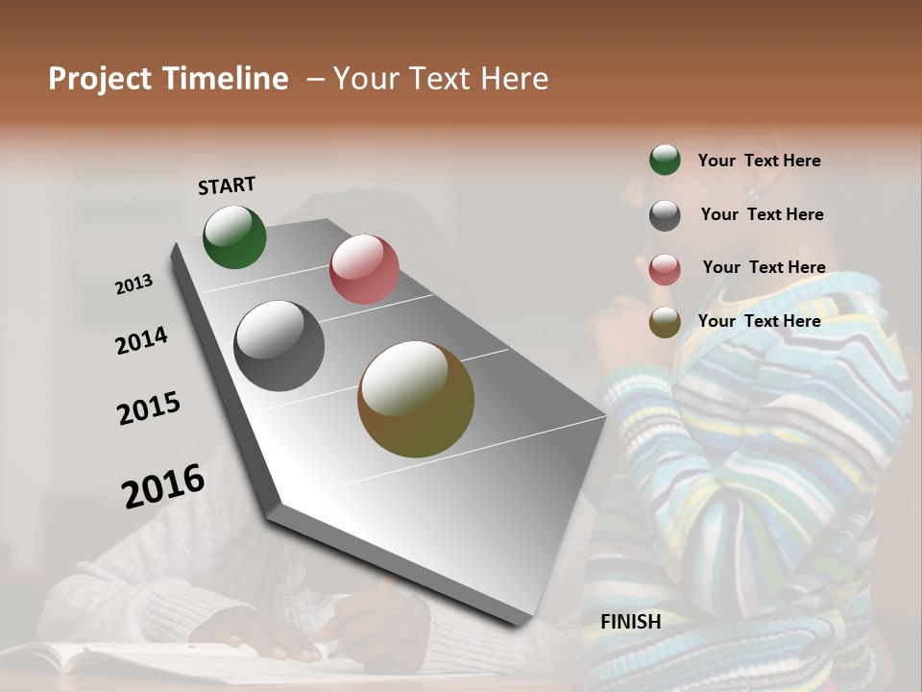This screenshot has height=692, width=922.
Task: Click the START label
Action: tap(227, 185)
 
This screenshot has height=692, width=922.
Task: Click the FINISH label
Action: tap(630, 622)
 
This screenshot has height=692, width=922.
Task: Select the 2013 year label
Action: tap(133, 284)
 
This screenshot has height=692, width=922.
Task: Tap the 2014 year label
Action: tap(141, 340)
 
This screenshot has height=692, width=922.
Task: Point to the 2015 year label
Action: tap(149, 408)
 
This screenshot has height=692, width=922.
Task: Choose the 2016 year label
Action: tap(163, 485)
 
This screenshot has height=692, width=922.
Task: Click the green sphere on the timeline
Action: tap(234, 236)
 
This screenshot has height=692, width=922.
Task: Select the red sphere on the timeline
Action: tap(364, 269)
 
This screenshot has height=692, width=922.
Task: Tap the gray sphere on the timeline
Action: tap(279, 346)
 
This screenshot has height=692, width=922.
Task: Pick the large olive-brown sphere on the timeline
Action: tap(416, 399)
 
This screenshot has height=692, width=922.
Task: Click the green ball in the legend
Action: tap(665, 160)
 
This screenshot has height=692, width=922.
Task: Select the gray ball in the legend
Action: tap(665, 215)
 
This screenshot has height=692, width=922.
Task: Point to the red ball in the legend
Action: tap(665, 269)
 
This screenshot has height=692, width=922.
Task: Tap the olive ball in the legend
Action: tap(665, 322)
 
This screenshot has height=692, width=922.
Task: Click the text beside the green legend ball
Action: tap(759, 161)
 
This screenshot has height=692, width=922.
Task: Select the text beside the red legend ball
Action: tap(764, 267)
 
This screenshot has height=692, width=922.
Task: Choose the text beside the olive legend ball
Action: tap(759, 321)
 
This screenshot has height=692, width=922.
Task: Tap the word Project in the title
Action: tap(101, 79)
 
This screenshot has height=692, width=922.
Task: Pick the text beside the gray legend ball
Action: tap(762, 214)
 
